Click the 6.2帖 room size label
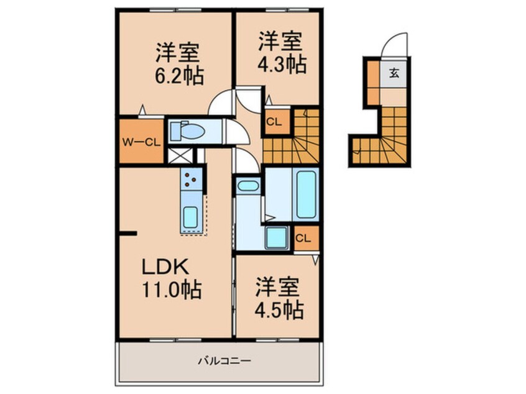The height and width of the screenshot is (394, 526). (178, 76)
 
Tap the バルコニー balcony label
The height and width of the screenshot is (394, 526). (219, 360)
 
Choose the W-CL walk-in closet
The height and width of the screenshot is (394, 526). (141, 141)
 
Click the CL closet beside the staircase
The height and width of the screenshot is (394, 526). (274, 122)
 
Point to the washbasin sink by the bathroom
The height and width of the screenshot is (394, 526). (248, 186)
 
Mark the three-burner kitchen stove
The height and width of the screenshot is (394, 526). (191, 179)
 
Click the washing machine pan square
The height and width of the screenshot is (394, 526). (275, 238)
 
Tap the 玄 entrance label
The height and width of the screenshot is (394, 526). (394, 72)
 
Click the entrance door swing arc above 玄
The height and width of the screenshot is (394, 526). (393, 45)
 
